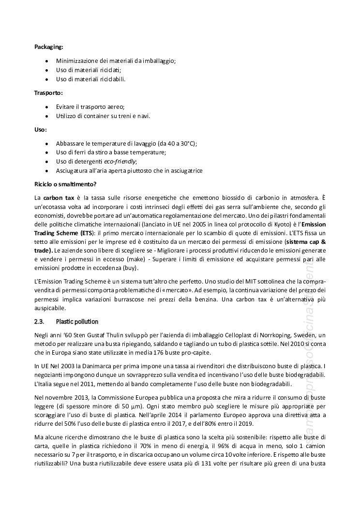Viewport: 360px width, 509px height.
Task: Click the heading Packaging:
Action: (48, 47)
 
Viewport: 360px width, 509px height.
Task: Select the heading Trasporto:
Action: (48, 92)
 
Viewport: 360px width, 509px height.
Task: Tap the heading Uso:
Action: (41, 130)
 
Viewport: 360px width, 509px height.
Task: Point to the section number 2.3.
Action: (39, 321)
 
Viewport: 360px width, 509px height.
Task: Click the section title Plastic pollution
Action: (77, 321)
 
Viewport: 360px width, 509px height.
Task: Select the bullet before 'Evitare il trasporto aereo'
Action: (46, 106)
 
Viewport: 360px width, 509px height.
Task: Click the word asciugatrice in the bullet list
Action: (186, 171)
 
